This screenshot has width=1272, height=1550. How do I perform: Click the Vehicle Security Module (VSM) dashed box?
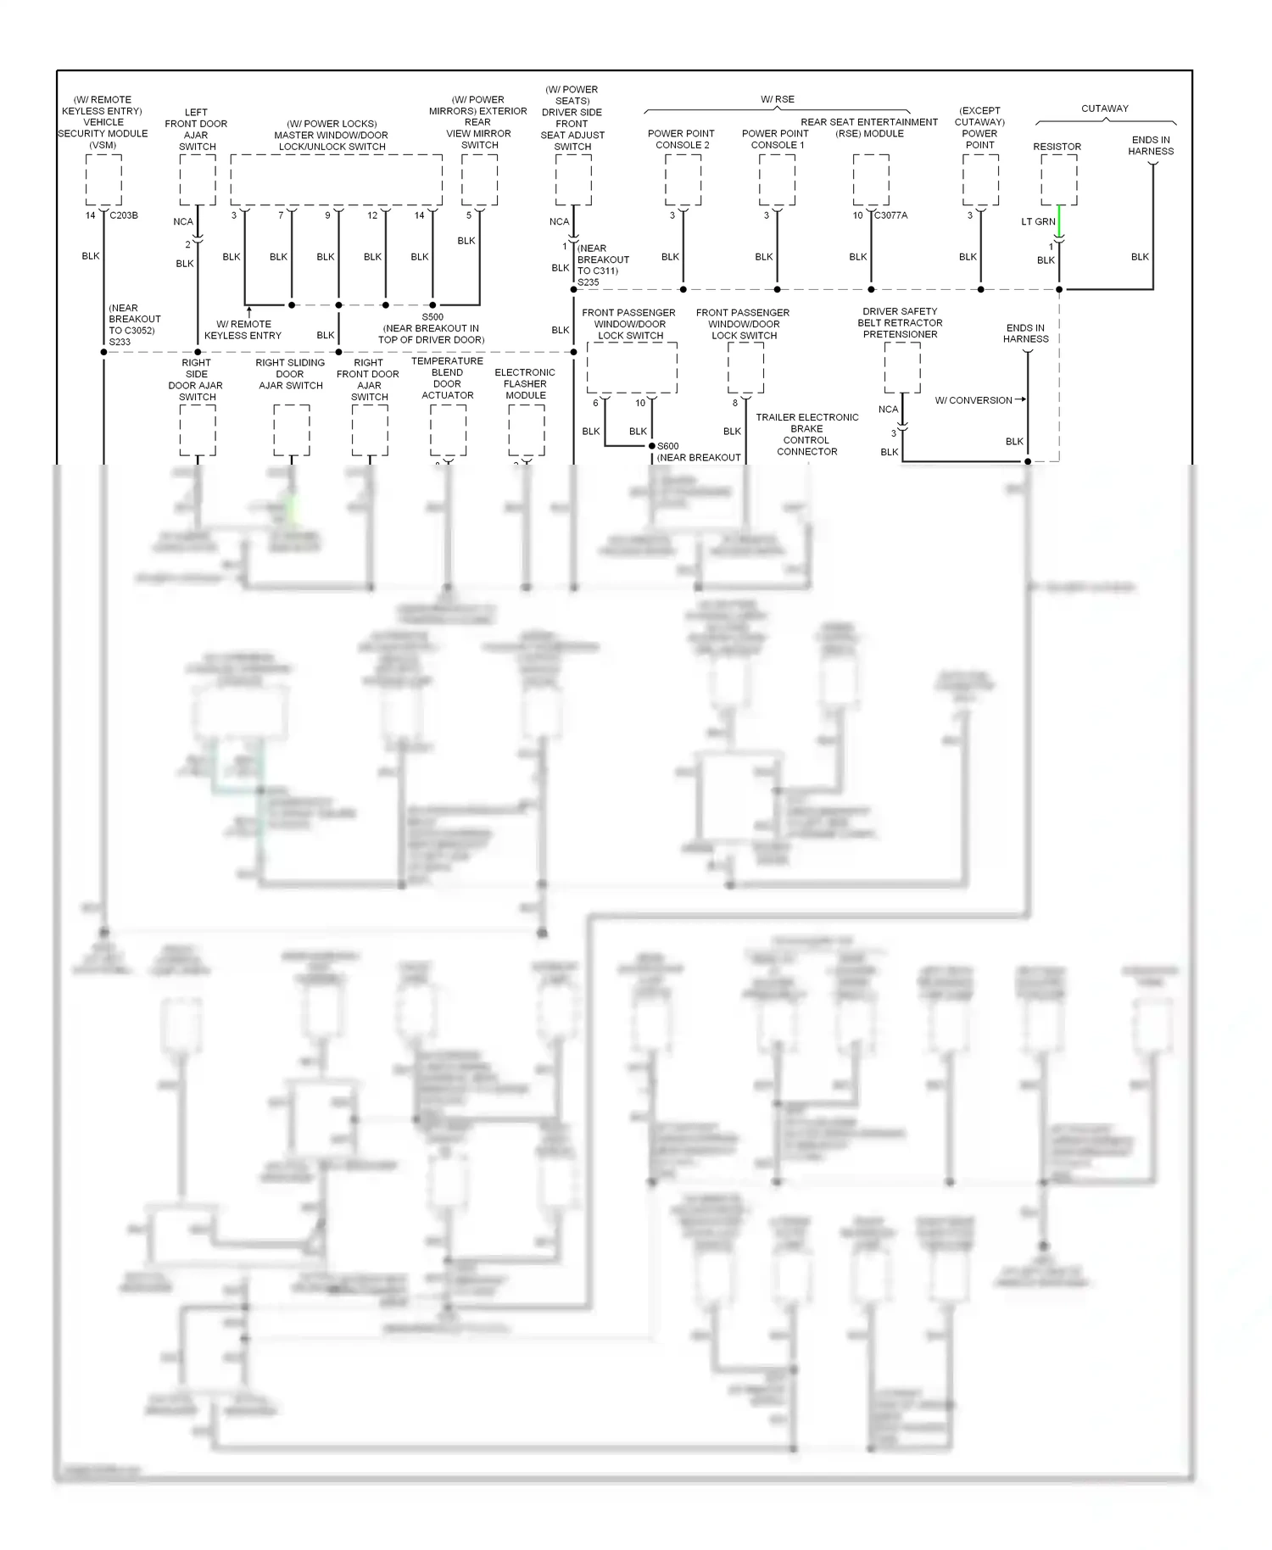pos(103,179)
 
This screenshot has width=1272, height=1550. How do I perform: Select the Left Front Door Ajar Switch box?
pos(198,179)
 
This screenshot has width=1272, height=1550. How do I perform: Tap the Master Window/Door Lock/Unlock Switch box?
pos(336,179)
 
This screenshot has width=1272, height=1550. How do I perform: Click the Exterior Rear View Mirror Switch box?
pos(479,179)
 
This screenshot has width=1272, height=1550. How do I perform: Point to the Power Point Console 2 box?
pos(683,179)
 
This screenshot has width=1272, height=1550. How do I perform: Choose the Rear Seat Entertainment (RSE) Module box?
pos(871,179)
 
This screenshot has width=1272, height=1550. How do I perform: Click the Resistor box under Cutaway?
pos(1059,179)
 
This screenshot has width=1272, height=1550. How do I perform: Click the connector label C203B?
pos(124,215)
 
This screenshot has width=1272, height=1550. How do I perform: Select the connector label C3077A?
pos(891,215)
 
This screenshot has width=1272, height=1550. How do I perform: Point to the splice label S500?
pos(432,317)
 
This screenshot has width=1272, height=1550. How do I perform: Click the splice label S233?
pos(120,342)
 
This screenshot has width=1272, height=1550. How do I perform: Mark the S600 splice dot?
pos(651,446)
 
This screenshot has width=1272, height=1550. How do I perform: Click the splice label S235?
pos(589,282)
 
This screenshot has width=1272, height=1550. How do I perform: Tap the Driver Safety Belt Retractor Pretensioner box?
pos(902,367)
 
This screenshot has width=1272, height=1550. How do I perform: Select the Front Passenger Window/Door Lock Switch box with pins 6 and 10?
pos(632,368)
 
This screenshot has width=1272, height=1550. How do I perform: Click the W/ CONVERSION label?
pos(974,400)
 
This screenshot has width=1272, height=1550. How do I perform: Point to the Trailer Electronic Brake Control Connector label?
pos(807,434)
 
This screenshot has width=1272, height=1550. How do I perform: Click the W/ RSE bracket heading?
pos(778,99)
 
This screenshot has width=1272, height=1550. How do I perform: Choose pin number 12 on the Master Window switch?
pos(372,215)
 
